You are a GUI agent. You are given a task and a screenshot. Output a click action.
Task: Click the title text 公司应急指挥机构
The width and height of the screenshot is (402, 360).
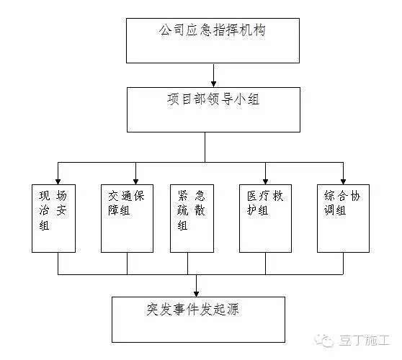(212, 30)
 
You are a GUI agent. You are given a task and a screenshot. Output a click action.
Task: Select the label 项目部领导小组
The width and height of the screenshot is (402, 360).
(213, 99)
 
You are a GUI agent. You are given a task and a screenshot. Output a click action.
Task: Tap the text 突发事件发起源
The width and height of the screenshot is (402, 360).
(193, 310)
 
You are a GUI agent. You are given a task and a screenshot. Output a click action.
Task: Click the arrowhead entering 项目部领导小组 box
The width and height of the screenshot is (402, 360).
(213, 84)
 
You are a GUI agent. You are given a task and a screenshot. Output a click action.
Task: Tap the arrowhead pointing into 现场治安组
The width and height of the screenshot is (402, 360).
(58, 181)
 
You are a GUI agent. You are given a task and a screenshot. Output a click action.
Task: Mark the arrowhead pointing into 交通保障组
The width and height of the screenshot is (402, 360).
(136, 181)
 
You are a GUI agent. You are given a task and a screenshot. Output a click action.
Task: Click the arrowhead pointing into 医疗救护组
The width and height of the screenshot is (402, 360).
(266, 181)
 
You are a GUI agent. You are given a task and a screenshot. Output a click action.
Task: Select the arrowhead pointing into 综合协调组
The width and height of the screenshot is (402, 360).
(344, 181)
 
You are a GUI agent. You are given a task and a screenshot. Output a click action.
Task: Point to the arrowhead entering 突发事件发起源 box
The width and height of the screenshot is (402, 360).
(197, 294)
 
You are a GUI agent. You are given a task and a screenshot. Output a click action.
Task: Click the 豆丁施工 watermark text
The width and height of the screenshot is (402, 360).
(365, 341)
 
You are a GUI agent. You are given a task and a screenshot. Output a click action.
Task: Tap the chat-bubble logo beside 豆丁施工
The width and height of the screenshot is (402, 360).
(324, 341)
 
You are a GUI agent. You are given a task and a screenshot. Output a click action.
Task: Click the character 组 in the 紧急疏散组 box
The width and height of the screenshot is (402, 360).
(182, 225)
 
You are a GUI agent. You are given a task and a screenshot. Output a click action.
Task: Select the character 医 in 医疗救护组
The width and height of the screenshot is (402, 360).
(252, 196)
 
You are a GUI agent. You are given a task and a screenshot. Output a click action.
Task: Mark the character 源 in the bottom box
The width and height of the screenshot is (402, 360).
(233, 310)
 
